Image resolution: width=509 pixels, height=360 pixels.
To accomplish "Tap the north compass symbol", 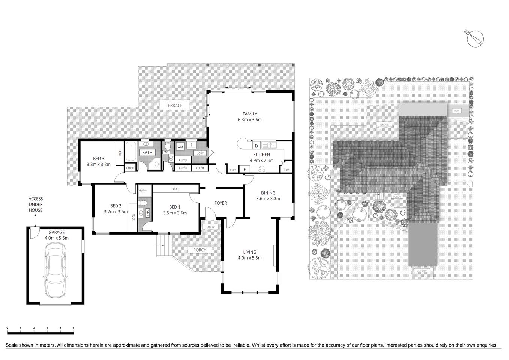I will coord(476,38).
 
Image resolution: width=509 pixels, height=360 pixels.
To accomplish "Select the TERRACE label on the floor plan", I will coord(174,105).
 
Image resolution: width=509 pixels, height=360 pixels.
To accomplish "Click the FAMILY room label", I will coord(249,114).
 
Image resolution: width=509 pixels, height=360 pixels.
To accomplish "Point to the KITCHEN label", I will coord(261,154).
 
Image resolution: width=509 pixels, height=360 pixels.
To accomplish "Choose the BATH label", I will coord(147,153).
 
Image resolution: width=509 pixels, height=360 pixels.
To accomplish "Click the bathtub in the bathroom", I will coord(131,153).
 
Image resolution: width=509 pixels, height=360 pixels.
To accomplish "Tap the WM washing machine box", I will coord(180,147).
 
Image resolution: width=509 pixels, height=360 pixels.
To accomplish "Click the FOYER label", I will coord(221,203).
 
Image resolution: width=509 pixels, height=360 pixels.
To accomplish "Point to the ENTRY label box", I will coord(210,227).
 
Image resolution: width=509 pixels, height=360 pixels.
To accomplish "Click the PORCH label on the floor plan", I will coord(200,250).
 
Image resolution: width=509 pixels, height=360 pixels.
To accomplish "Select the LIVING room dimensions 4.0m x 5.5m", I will coord(249,258).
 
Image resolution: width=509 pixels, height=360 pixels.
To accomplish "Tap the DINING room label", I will coord(268,193).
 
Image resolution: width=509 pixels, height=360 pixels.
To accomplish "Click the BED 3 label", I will coord(98,158).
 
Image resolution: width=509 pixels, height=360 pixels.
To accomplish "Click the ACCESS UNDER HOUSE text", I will coord(36,205).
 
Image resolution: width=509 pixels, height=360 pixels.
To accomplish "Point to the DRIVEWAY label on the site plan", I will coord(422,270).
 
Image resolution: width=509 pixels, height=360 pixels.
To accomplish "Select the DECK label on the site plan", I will coord(456,111).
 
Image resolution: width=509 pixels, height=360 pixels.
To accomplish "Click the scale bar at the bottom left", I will coord(41,332).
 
